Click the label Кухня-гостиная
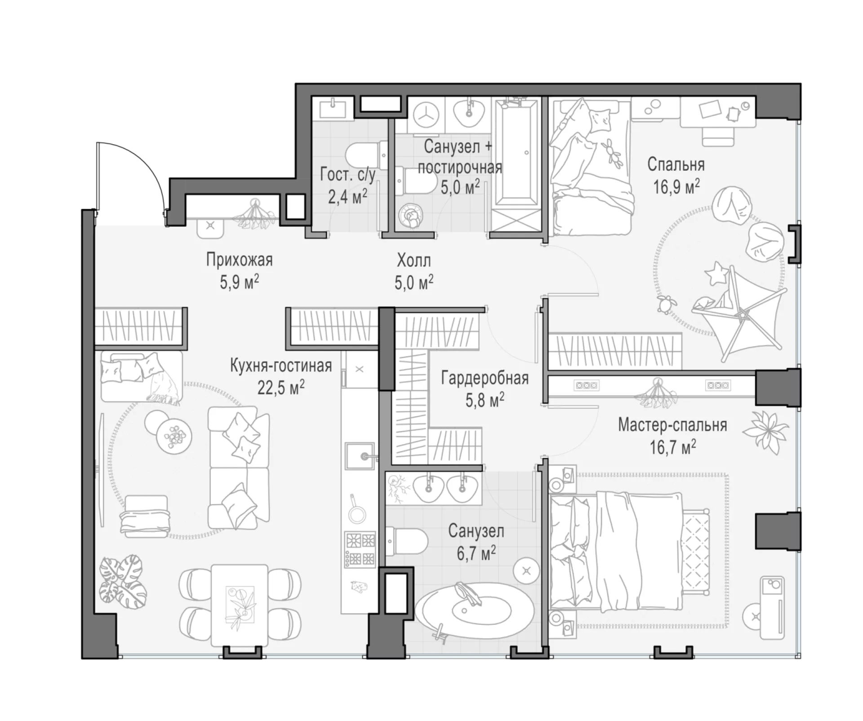[281, 366]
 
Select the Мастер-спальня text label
[672, 425]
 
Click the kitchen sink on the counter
[360, 456]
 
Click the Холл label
[414, 261]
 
